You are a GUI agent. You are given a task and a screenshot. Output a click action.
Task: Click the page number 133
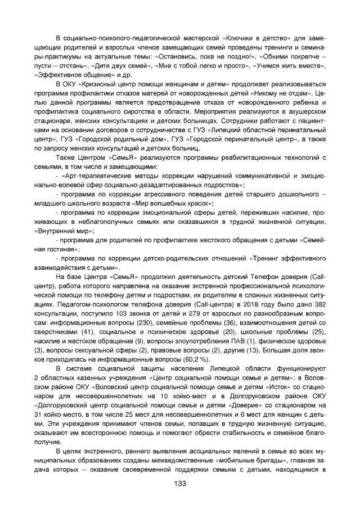point(180,484)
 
